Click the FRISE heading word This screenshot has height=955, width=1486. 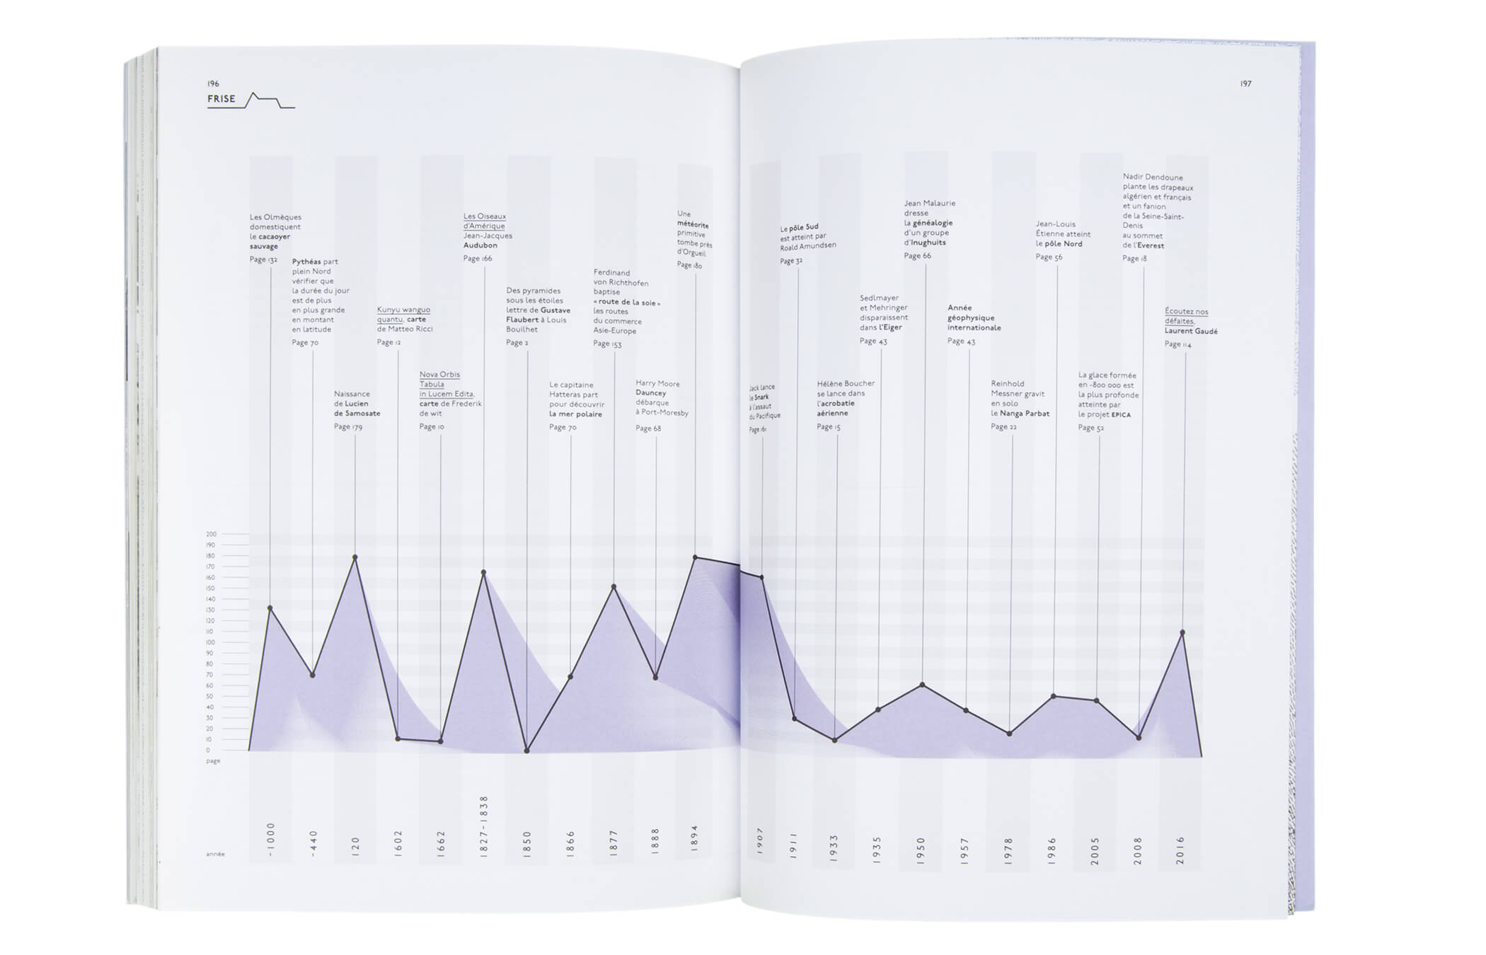click(x=221, y=99)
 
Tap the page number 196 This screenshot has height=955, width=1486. click(x=213, y=84)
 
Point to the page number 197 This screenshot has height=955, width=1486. click(x=1245, y=84)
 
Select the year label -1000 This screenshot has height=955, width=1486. click(x=270, y=840)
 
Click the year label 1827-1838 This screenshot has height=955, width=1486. click(x=484, y=826)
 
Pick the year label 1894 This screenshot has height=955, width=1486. click(x=694, y=837)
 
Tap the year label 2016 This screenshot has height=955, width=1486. click(x=1180, y=850)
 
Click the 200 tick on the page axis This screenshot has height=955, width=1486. click(x=211, y=535)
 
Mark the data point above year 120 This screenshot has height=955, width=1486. click(x=355, y=557)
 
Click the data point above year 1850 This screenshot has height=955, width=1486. click(x=526, y=751)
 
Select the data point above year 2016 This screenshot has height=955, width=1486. click(x=1182, y=632)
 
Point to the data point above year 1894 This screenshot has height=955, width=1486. click(x=695, y=557)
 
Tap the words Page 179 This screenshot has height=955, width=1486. click(x=348, y=427)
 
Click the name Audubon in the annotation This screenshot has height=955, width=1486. click(x=480, y=245)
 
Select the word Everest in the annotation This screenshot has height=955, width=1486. click(x=1151, y=246)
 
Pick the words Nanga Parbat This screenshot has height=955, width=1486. click(x=1025, y=414)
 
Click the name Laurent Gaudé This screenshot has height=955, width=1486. click(x=1191, y=331)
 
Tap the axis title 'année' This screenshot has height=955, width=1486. click(x=215, y=855)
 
